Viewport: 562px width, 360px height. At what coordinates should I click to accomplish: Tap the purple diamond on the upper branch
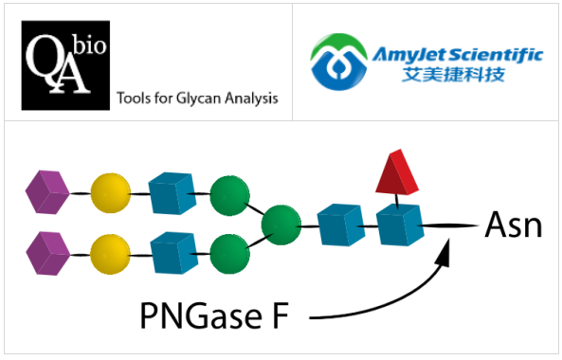point(49,192)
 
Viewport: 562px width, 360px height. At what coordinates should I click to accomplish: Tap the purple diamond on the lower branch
point(49,252)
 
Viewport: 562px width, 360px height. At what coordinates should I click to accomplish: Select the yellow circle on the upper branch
point(110,192)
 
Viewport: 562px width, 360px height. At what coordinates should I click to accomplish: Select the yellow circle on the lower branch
point(110,252)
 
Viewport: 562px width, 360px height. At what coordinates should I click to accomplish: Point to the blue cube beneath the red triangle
point(395,225)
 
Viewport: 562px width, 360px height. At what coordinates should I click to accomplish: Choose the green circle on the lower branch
point(229,252)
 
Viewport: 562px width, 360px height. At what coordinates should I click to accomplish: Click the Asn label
point(513,225)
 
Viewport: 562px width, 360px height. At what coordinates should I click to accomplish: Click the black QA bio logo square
point(63,68)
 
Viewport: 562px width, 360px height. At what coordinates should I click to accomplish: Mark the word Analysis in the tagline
point(254,98)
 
